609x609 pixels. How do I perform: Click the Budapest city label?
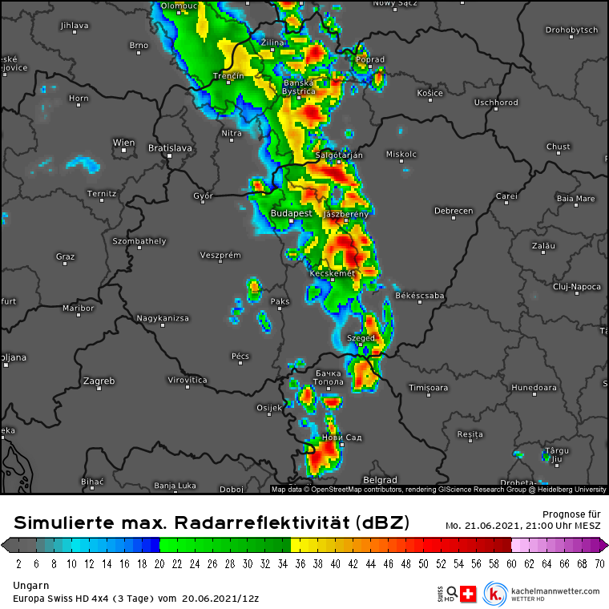(291, 214)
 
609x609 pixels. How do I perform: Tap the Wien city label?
(123, 143)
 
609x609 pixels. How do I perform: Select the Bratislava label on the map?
(170, 147)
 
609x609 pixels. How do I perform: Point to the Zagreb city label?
(99, 380)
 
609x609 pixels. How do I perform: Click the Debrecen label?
(453, 211)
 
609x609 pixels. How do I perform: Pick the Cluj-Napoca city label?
(576, 286)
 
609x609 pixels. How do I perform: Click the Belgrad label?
(381, 480)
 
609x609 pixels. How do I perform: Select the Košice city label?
(430, 93)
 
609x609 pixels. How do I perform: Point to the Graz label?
(65, 256)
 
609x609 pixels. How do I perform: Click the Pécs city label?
(240, 356)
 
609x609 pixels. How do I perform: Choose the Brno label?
(139, 45)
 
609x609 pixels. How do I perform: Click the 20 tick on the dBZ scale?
(160, 563)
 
